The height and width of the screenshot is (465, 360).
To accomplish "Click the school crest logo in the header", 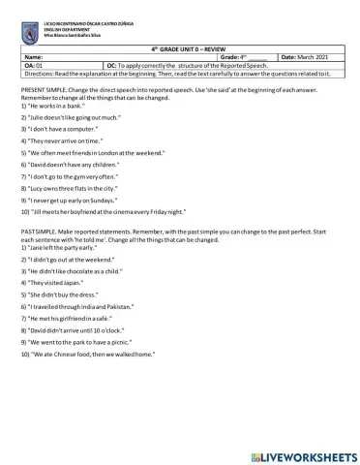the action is [28, 31].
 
